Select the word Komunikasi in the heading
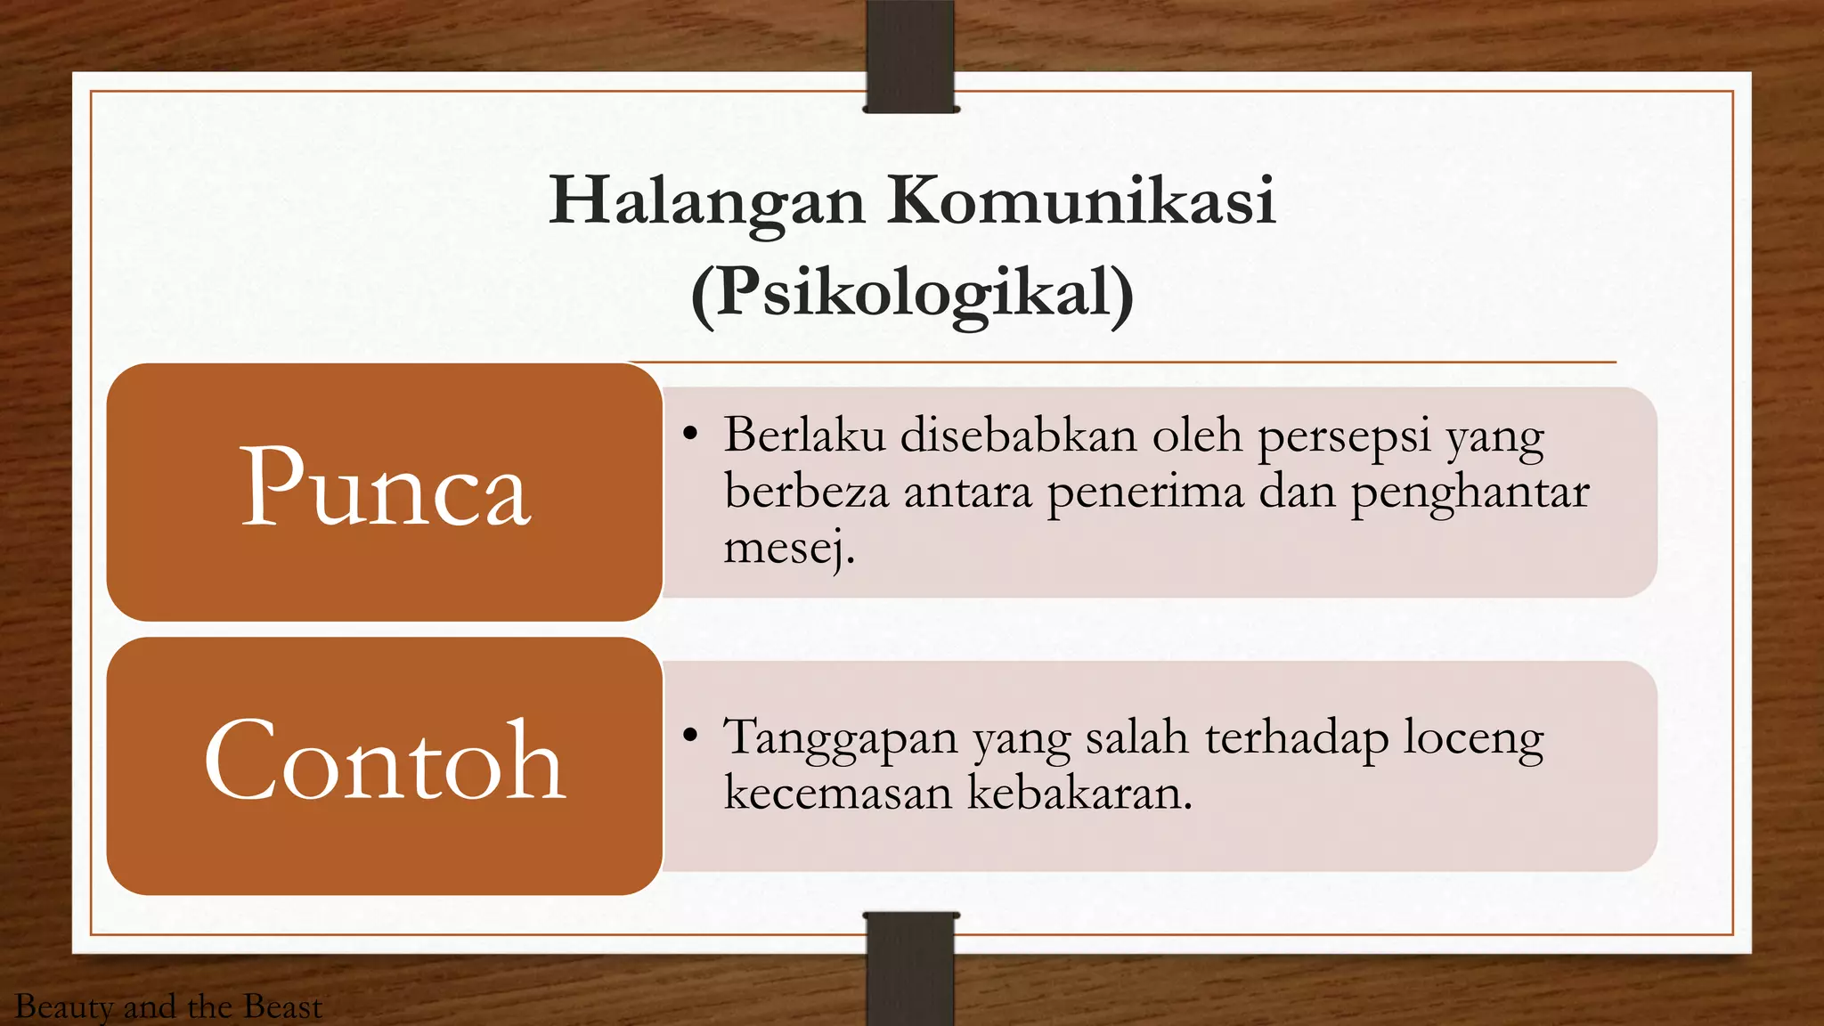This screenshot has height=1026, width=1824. (x=1081, y=200)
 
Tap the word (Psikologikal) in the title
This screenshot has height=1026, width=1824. (x=912, y=293)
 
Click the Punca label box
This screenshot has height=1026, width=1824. (x=385, y=491)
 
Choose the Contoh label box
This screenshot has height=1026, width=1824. (x=385, y=765)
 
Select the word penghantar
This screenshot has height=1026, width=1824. (x=1470, y=493)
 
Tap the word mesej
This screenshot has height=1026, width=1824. (x=789, y=548)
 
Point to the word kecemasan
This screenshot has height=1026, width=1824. (x=837, y=793)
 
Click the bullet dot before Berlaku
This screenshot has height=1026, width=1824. (x=689, y=435)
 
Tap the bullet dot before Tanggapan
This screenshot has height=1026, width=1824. (x=689, y=736)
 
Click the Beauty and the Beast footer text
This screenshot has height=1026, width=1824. (x=168, y=1007)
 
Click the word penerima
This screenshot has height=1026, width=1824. (x=1145, y=493)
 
